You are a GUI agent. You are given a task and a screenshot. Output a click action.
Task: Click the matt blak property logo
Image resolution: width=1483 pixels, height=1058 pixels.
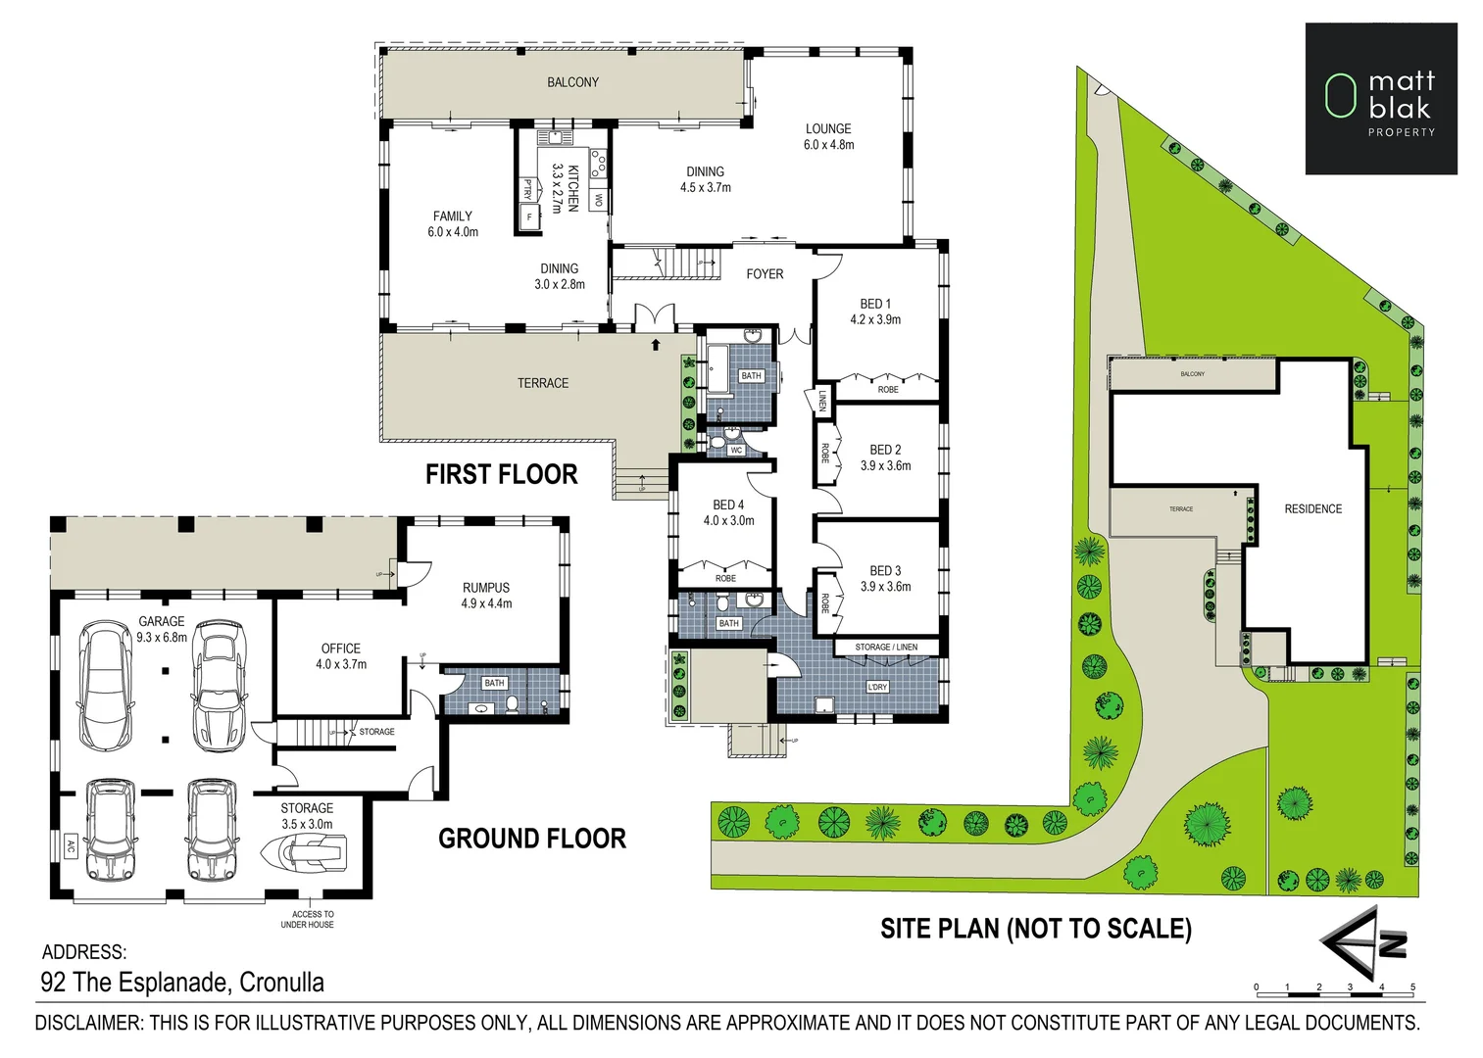pos(1380,99)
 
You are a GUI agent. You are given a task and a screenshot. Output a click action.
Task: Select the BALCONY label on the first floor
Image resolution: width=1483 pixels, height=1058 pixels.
pos(572,82)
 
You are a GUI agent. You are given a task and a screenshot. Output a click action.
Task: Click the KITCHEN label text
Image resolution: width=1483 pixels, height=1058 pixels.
pos(573,187)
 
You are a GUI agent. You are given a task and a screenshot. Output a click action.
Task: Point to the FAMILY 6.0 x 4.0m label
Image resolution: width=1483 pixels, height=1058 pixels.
pos(453,224)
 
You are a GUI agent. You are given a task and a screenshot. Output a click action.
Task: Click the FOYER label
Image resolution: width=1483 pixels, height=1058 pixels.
pos(765,274)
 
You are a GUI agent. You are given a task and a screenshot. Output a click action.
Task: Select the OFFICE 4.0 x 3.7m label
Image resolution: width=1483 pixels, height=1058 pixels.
pos(341,656)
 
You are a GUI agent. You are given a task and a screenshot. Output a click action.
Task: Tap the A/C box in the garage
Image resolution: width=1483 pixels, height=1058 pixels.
pos(71,846)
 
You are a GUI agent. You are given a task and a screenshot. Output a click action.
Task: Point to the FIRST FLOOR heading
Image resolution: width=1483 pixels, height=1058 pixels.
pos(501,475)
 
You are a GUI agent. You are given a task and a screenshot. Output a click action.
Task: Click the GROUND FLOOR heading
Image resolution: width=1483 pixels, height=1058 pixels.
pos(531,839)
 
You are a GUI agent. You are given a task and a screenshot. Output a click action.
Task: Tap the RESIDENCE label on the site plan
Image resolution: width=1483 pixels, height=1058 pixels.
pos(1312,509)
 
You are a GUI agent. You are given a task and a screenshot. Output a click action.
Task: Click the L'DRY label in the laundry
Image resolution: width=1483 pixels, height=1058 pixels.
pos(877,687)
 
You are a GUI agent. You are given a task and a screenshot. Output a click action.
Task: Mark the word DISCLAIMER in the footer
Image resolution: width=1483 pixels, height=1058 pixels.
pos(88,1023)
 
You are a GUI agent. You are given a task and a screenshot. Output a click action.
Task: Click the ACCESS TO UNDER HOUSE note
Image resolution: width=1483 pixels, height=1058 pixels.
pos(308,919)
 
